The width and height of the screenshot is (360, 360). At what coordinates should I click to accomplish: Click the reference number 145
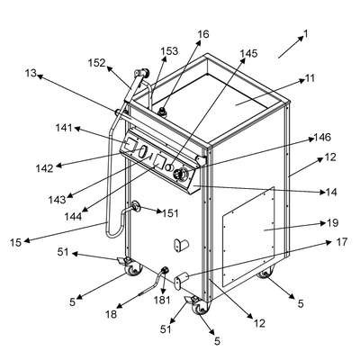pos(248,53)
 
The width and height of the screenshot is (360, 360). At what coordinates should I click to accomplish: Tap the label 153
pos(169,51)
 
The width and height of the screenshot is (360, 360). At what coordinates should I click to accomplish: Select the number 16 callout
pos(202,34)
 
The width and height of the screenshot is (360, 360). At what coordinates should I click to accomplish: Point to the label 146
pos(322,138)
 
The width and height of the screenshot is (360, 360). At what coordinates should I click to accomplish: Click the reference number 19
pos(333,223)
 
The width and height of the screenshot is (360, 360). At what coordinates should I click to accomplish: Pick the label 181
pos(162,300)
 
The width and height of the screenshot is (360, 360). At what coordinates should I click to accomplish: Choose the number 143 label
pos(58,199)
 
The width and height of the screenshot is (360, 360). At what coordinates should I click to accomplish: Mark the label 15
pos(15,242)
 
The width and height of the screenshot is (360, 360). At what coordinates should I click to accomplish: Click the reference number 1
pos(305,34)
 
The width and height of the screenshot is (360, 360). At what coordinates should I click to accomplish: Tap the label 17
pos(341,242)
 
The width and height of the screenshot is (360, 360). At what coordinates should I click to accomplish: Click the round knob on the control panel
pos(182,175)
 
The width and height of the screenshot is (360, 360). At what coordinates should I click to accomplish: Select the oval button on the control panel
pos(142,151)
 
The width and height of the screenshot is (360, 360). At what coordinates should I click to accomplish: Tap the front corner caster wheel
pos(201,307)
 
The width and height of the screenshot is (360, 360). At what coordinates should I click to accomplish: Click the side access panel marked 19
pos(248,236)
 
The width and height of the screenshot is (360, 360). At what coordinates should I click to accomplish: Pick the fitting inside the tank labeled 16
pos(163,112)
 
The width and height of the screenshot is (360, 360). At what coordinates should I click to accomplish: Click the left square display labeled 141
pos(130,145)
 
